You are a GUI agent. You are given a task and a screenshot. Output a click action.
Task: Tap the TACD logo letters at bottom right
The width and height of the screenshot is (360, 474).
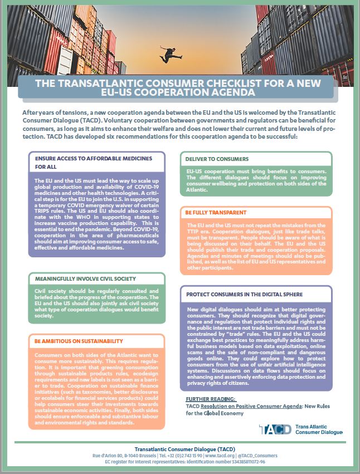point(274,429)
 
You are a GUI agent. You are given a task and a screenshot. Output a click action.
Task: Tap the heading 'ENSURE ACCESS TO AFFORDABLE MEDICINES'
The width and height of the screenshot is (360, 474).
point(93,158)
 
